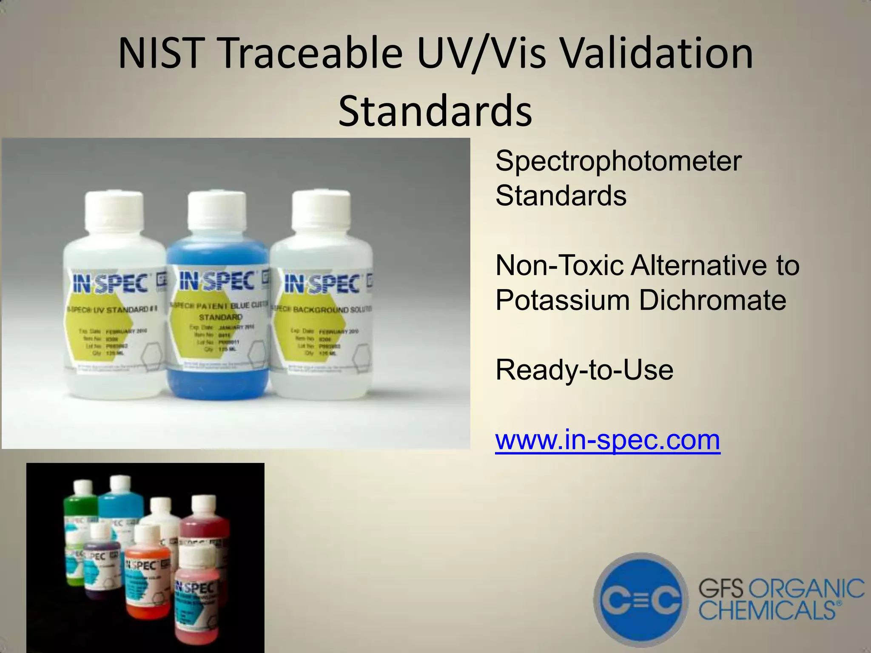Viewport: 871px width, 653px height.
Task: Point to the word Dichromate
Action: (712, 300)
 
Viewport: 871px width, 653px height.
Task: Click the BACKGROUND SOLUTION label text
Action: (323, 309)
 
